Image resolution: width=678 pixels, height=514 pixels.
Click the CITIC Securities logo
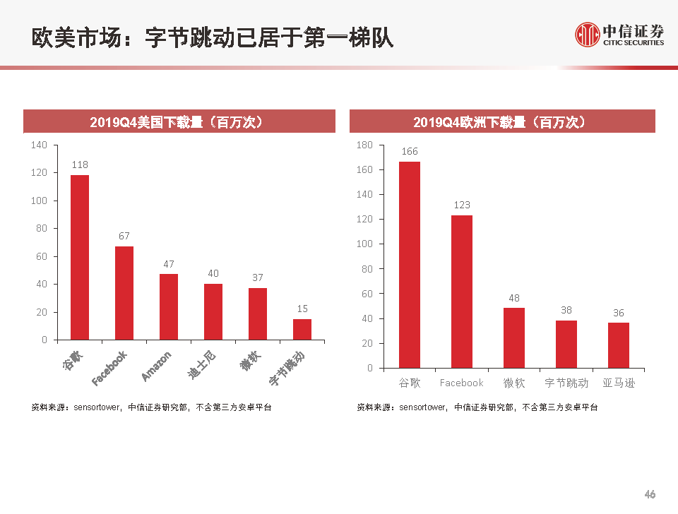point(619,34)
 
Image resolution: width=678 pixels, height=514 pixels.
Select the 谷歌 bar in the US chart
point(80,257)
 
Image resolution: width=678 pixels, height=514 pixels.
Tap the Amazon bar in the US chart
point(169,306)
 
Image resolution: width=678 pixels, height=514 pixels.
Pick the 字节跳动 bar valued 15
point(302,329)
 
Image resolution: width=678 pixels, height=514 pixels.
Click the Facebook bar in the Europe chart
point(462,291)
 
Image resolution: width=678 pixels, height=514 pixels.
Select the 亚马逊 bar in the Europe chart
point(619,345)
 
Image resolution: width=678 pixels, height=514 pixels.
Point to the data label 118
point(80,165)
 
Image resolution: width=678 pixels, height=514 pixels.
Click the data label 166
point(410,151)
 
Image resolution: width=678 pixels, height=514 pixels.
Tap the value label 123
point(462,205)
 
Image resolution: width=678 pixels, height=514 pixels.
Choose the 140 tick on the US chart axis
point(40,145)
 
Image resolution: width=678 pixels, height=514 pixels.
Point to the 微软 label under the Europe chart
point(514,383)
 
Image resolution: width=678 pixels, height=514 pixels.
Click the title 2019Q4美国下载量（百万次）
point(178,122)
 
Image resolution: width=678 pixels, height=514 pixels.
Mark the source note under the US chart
point(151,407)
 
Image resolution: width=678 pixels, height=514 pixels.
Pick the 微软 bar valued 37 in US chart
point(258,313)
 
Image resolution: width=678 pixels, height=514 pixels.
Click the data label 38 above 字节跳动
point(566,309)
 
